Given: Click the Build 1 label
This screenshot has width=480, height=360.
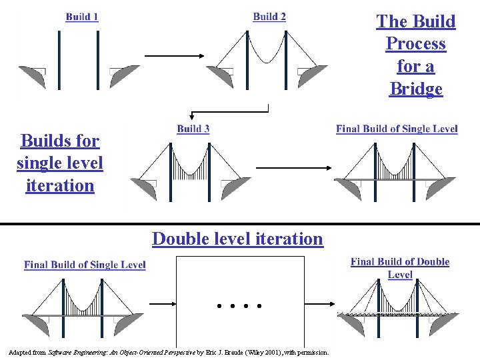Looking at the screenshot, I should [82, 17].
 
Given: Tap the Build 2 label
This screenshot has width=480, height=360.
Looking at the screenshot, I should [269, 17].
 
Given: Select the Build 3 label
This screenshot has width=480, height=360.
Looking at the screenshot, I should [193, 129].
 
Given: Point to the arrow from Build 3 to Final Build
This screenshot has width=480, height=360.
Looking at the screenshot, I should [289, 168].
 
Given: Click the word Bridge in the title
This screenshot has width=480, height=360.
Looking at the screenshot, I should [416, 89].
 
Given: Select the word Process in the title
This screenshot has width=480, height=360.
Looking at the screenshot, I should [416, 44].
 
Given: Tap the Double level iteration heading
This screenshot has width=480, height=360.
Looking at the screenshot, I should [237, 239].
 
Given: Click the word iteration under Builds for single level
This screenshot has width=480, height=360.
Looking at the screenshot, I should [60, 185].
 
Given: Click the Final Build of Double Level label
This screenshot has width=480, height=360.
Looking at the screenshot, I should [400, 268].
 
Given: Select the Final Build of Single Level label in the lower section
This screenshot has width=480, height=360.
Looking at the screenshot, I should [85, 265].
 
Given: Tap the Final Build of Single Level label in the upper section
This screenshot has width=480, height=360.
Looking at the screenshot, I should [397, 129].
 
